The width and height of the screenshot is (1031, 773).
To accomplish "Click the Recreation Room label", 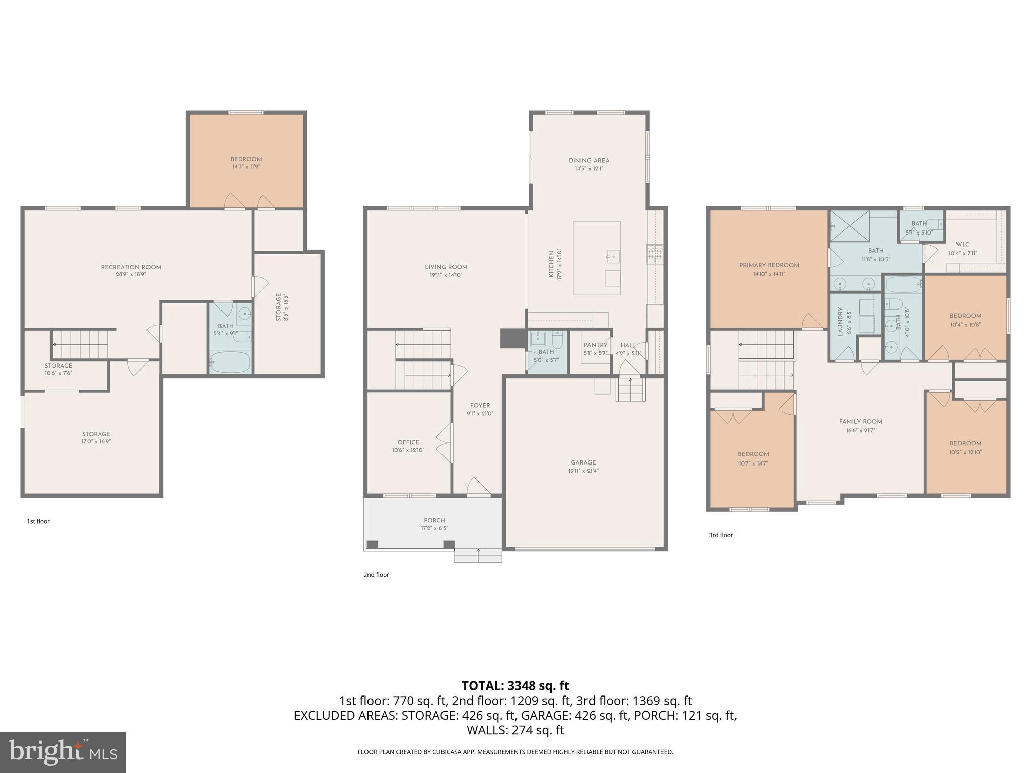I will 131,267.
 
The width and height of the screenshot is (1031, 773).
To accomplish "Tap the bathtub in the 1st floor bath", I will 230,362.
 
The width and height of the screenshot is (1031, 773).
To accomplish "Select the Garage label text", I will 583,462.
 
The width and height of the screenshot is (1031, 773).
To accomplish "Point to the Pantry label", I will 596,345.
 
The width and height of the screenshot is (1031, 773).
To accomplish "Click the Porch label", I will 434,520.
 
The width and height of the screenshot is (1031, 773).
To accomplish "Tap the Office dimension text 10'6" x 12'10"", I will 408,450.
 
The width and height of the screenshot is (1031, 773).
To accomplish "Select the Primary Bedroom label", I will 769,265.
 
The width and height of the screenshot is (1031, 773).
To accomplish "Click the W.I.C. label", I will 963,245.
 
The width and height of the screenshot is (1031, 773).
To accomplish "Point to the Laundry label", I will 840,322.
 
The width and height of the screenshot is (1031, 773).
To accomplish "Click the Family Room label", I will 860,422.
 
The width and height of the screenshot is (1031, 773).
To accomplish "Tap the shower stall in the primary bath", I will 849,226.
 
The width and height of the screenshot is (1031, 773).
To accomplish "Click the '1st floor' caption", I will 38,521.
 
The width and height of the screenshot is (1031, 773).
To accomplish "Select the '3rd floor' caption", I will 721,535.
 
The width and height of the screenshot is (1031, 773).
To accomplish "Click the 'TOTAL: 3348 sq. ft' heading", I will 515,686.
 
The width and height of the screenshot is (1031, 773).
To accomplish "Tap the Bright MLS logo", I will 63,752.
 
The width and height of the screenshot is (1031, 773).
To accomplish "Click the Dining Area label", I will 589,161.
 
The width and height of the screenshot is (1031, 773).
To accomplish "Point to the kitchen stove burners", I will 654,254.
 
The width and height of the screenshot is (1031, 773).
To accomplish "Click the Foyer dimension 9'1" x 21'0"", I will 480,414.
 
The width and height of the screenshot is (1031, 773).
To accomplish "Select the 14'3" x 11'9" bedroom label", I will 246,166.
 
